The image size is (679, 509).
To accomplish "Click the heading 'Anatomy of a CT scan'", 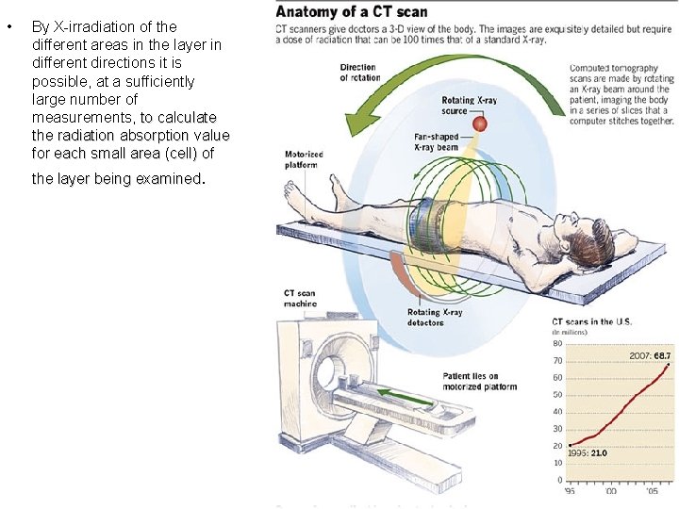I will (352, 12).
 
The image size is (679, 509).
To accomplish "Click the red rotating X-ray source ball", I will (479, 123).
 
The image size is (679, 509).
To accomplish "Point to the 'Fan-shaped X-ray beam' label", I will (436, 142).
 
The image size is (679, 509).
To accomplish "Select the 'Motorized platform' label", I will (305, 157).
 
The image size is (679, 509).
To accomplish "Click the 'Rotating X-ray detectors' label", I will (435, 317).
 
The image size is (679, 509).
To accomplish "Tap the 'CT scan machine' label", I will (300, 298).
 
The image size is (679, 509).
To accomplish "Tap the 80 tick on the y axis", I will (557, 343).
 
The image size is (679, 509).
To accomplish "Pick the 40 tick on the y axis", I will (557, 412).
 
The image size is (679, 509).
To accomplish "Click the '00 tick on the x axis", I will (612, 491).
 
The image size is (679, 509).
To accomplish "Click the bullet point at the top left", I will (9, 26).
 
